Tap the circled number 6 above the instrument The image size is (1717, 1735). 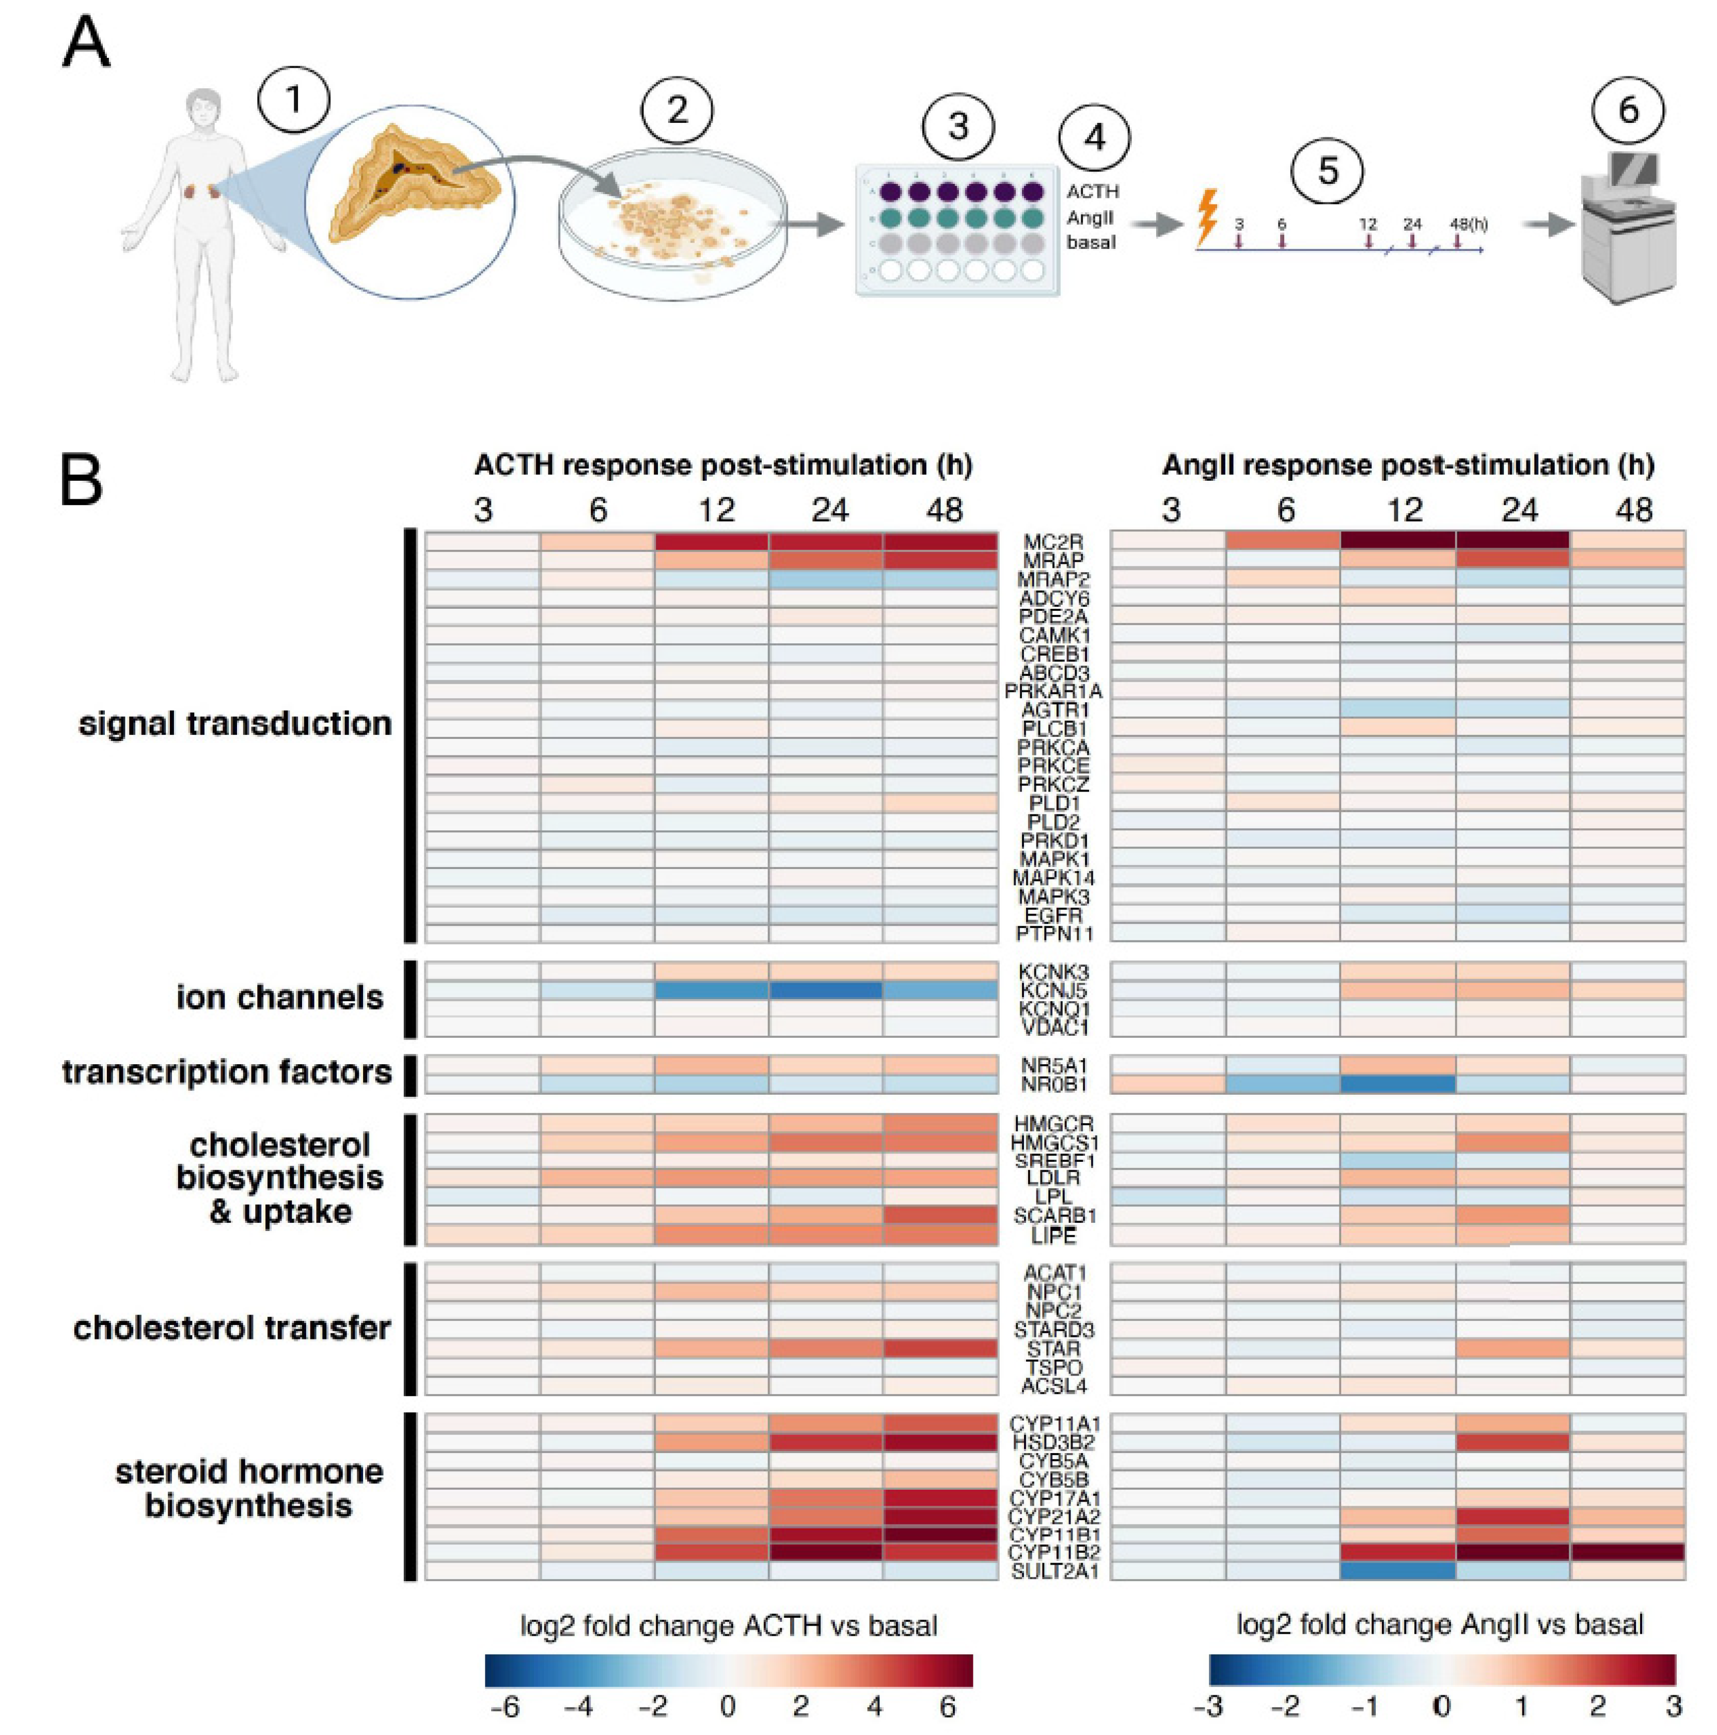coord(1627,109)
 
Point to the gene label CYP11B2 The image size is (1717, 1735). coord(1054,1552)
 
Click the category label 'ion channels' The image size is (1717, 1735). coord(279,997)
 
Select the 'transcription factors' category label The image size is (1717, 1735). coord(227,1071)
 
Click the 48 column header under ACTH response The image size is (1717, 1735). coord(944,510)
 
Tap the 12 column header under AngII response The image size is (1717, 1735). coord(1405,510)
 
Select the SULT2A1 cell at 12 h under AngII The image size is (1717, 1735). coord(1397,1571)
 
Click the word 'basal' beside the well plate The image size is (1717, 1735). coord(1091,243)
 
